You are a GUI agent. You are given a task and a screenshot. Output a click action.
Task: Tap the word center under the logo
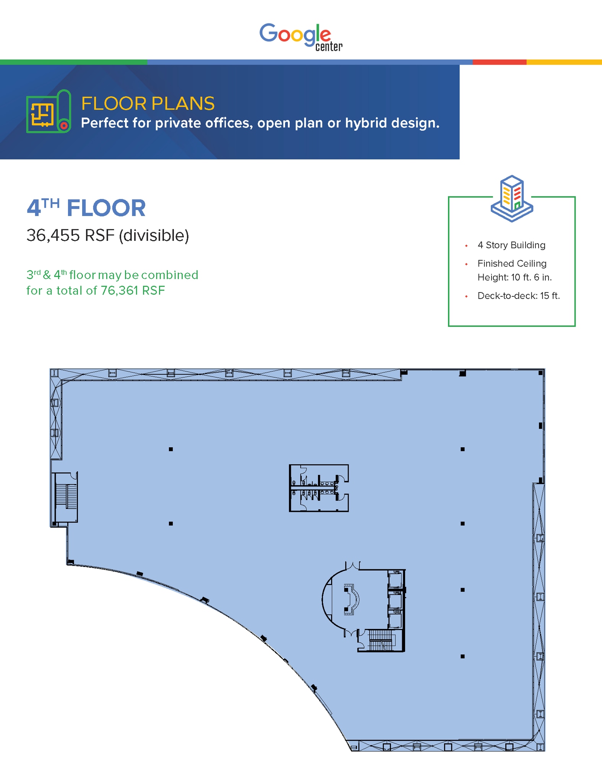tap(329, 47)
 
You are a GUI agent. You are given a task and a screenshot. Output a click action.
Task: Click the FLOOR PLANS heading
tap(148, 103)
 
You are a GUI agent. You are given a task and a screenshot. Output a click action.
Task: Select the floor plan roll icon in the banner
tap(49, 111)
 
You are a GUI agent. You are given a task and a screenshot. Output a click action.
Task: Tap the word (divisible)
tap(154, 236)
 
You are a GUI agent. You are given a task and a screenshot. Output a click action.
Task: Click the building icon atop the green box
tap(512, 198)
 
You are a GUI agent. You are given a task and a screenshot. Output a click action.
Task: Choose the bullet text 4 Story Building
tap(511, 245)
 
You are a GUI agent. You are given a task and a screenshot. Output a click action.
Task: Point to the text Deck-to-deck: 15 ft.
tap(519, 296)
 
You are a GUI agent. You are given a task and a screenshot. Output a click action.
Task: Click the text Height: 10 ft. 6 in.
tap(514, 277)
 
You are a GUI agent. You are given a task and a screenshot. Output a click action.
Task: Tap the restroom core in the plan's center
tap(319, 488)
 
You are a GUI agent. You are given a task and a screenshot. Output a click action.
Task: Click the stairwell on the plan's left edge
tap(65, 497)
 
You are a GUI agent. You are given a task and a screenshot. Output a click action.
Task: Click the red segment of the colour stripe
tap(500, 62)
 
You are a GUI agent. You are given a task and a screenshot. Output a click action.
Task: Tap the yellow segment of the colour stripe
tap(564, 62)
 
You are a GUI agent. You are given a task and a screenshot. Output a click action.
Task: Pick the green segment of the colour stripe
tap(73, 62)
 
